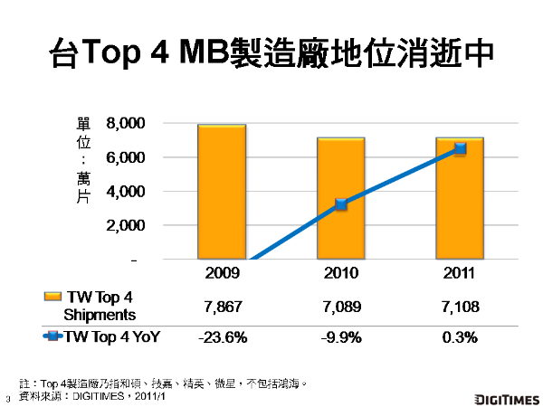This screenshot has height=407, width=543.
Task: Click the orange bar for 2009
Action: tap(222, 192)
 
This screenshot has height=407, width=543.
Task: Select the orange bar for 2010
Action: tap(340, 199)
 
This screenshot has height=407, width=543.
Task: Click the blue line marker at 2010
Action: tap(341, 204)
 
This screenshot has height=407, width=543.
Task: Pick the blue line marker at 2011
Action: tap(460, 148)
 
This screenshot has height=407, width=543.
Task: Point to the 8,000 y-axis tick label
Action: tap(126, 124)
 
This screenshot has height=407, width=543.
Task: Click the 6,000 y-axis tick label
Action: tap(126, 158)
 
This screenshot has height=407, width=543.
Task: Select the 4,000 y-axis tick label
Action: tap(126, 192)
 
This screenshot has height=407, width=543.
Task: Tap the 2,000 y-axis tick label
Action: tap(126, 226)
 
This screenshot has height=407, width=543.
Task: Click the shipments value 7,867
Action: tap(222, 306)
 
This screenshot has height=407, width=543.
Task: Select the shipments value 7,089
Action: tap(341, 306)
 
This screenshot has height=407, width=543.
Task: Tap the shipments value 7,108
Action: tap(460, 306)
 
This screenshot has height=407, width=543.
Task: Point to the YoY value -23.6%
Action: tap(222, 337)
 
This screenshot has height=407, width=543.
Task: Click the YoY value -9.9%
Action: tap(341, 337)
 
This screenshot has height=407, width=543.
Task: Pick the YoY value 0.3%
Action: tap(460, 337)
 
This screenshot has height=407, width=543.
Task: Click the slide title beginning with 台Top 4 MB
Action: tap(271, 52)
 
